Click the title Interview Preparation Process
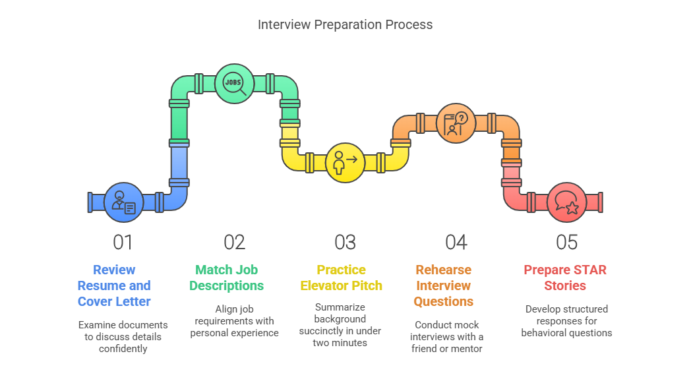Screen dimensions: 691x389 [345, 24]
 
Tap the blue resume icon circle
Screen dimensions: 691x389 [124, 202]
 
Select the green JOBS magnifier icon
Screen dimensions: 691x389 [235, 84]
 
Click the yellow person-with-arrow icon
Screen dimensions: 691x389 [345, 163]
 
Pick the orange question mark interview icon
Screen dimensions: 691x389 [456, 123]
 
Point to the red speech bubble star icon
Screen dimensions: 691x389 [567, 202]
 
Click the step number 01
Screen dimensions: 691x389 [123, 242]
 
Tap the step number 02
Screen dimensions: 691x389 [234, 242]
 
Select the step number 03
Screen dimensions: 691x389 [345, 242]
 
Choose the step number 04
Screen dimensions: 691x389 [456, 242]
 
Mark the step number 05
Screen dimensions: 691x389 [567, 242]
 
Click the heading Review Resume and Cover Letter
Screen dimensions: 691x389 [114, 285]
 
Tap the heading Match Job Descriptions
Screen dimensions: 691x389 [227, 278]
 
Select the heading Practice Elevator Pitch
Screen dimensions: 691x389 [341, 278]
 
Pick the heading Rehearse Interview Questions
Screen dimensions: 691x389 [443, 285]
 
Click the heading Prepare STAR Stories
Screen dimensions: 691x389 [565, 278]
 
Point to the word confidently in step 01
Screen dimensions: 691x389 [123, 349]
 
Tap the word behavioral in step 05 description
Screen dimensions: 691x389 [543, 333]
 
